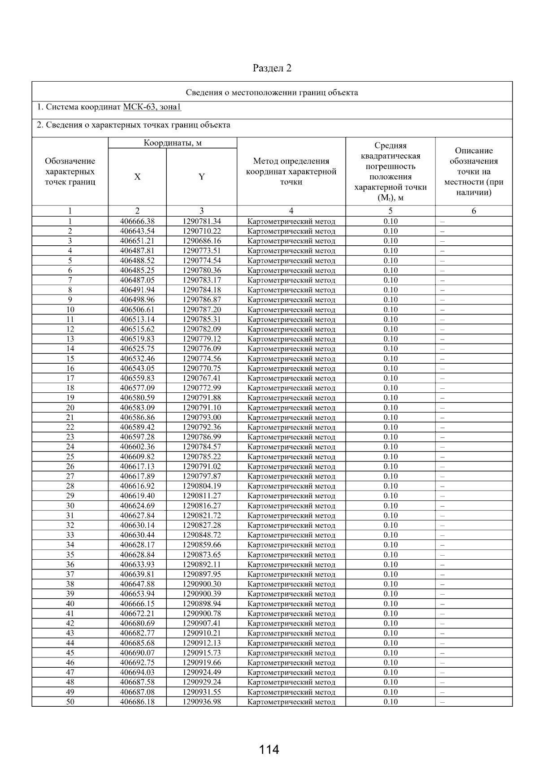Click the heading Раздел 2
pyautogui.click(x=272, y=68)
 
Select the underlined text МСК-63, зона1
pyautogui.click(x=152, y=107)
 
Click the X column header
pyautogui.click(x=137, y=177)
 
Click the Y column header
pyautogui.click(x=202, y=177)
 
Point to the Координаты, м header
pyautogui.click(x=173, y=143)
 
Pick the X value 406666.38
pyautogui.click(x=137, y=221)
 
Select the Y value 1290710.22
pyautogui.click(x=202, y=231)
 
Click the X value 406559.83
pyautogui.click(x=137, y=378)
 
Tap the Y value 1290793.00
pyautogui.click(x=202, y=417)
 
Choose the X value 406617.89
pyautogui.click(x=137, y=476)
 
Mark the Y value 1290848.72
pyautogui.click(x=202, y=535)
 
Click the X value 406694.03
pyautogui.click(x=137, y=672)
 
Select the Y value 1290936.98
pyautogui.click(x=202, y=702)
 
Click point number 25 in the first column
pyautogui.click(x=70, y=457)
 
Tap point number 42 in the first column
pyautogui.click(x=70, y=623)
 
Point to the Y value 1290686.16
pyautogui.click(x=202, y=241)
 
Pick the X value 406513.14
pyautogui.click(x=137, y=319)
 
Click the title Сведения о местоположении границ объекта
pyautogui.click(x=272, y=93)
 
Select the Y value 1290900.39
pyautogui.click(x=202, y=594)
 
